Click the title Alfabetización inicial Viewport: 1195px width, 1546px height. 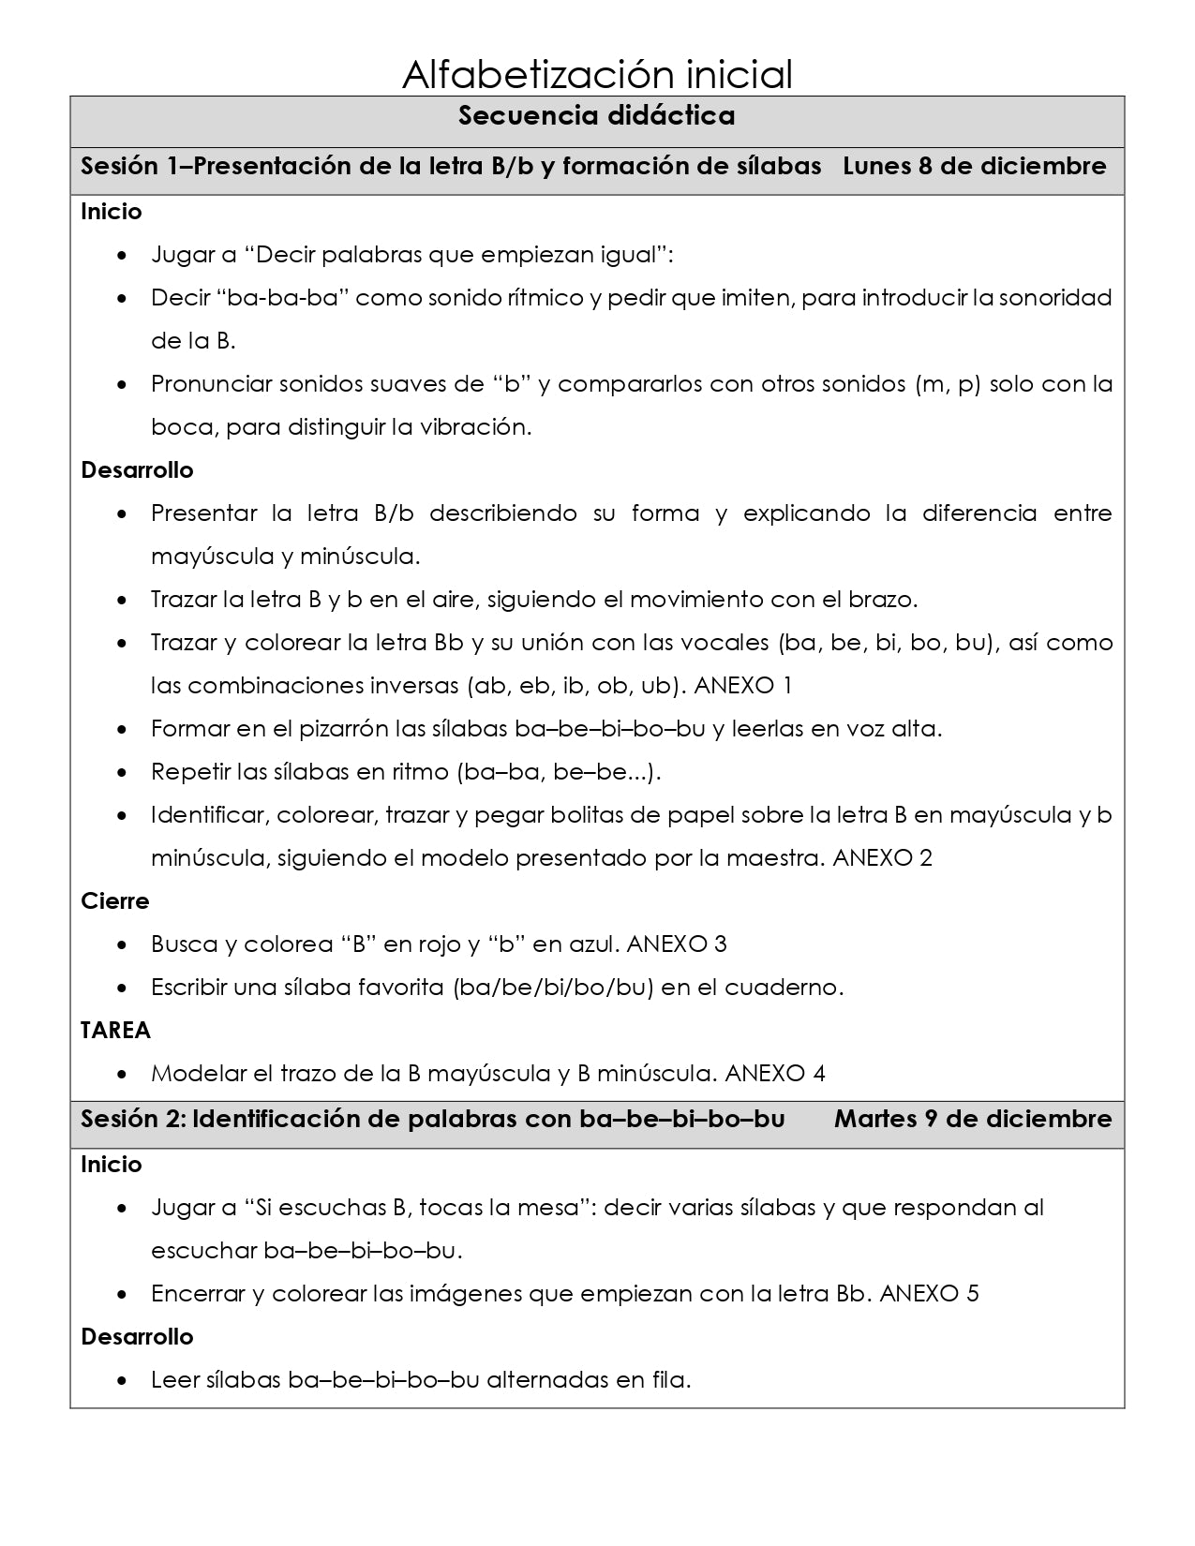click(597, 74)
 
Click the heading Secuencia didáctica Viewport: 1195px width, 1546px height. click(597, 116)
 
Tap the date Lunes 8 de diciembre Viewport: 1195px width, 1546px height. click(974, 167)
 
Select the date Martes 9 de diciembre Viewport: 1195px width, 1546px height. click(973, 1120)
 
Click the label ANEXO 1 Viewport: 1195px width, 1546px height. click(742, 686)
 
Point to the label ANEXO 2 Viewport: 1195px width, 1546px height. click(882, 858)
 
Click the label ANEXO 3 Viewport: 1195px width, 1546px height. click(676, 944)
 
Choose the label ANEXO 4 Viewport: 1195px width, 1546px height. click(775, 1074)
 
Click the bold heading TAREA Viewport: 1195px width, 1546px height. click(115, 1031)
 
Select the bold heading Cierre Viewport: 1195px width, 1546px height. click(114, 901)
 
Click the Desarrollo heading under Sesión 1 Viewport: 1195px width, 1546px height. click(137, 470)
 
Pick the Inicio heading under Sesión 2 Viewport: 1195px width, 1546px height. click(111, 1165)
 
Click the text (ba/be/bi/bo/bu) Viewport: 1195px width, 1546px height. click(552, 988)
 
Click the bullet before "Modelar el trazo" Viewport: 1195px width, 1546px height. click(124, 1074)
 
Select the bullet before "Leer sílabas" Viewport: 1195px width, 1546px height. click(124, 1381)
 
